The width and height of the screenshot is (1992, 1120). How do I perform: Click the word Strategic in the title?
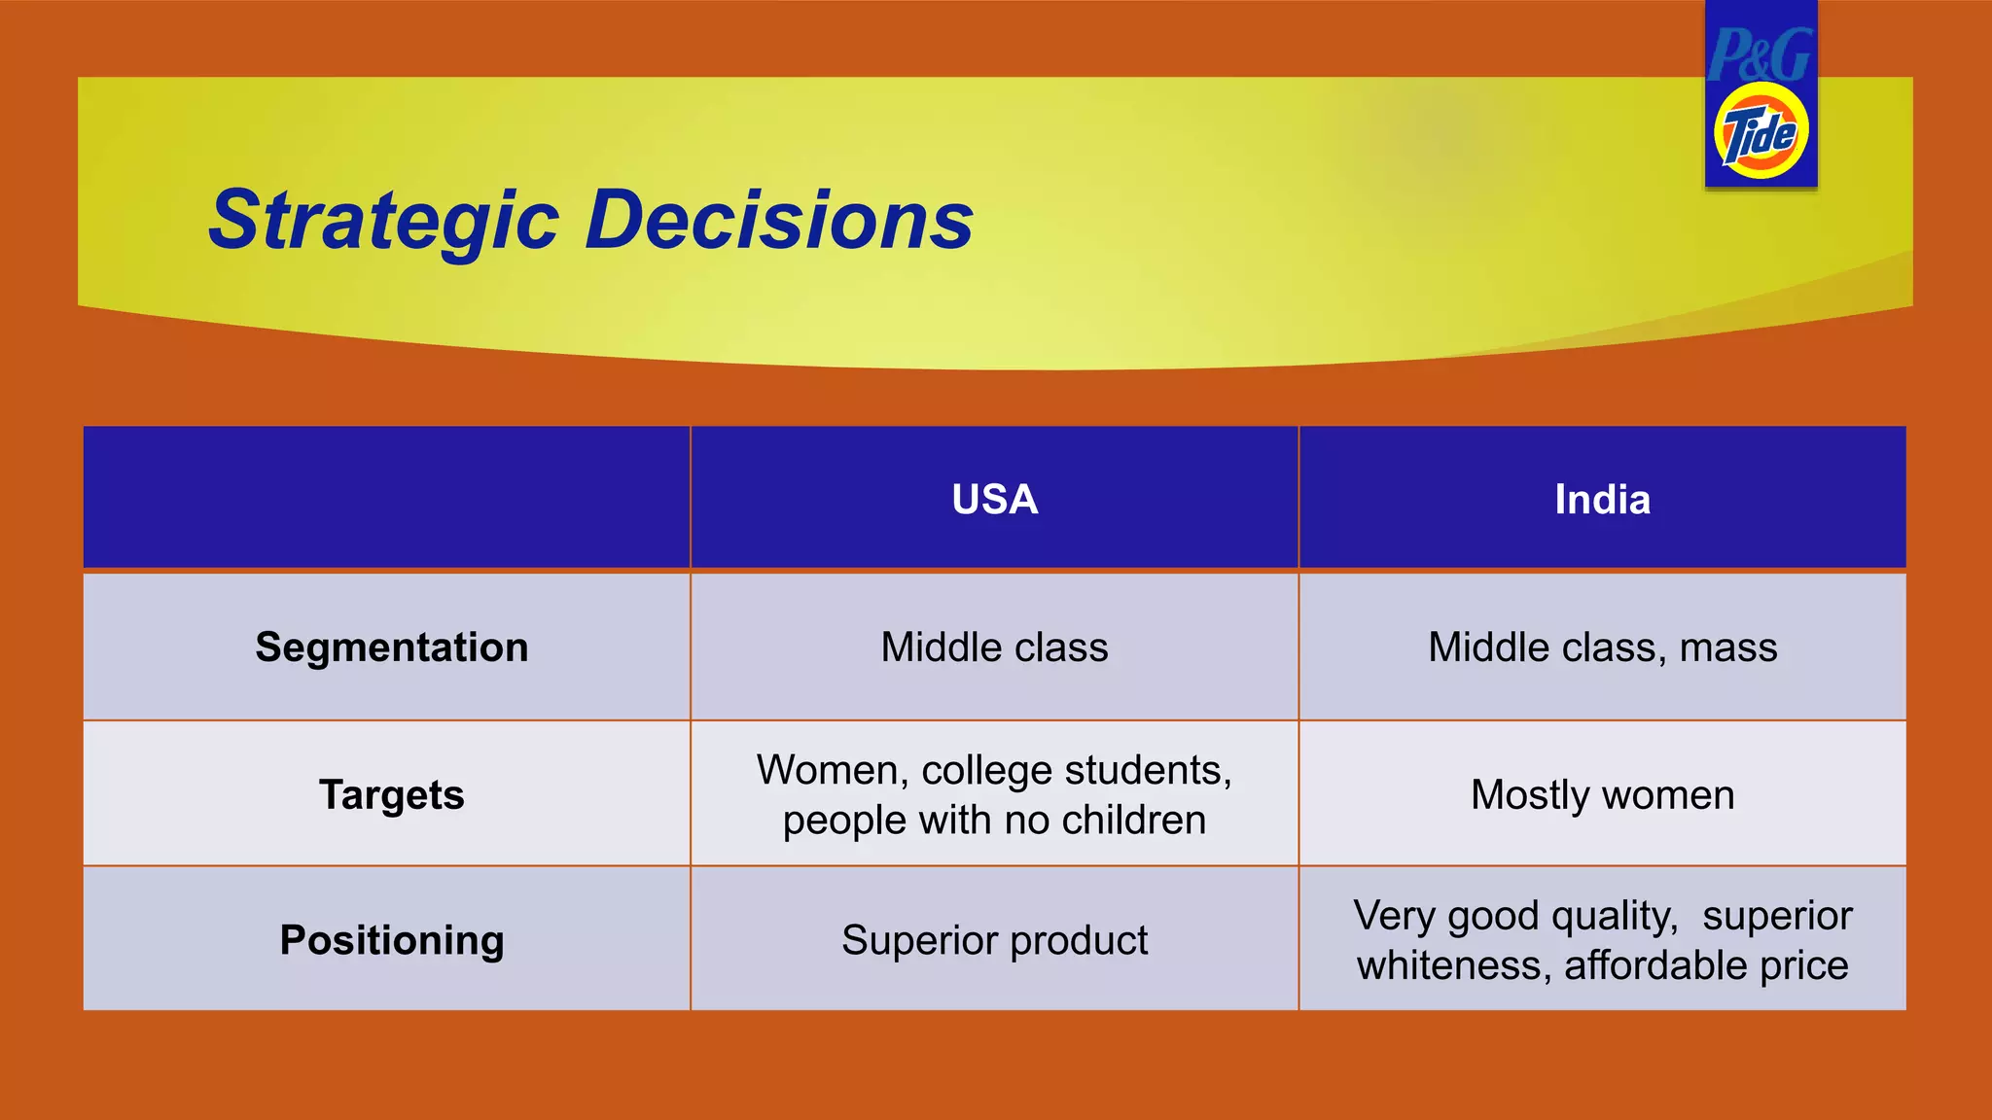pyautogui.click(x=384, y=221)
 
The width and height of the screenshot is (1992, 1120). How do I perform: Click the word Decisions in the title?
pyautogui.click(x=779, y=221)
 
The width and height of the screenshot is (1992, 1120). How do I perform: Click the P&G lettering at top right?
pyautogui.click(x=1760, y=55)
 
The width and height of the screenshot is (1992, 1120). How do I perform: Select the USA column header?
pyautogui.click(x=994, y=500)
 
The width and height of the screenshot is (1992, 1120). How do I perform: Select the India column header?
pyautogui.click(x=1602, y=500)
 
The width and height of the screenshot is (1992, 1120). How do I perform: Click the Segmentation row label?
pyautogui.click(x=391, y=647)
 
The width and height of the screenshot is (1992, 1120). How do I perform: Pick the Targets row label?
pyautogui.click(x=391, y=795)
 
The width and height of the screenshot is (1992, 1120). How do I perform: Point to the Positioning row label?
pyautogui.click(x=391, y=940)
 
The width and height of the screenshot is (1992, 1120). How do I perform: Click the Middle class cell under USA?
pyautogui.click(x=994, y=647)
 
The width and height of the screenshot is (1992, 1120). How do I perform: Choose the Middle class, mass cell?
pyautogui.click(x=1602, y=647)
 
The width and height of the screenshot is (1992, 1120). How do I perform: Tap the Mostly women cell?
pyautogui.click(x=1602, y=795)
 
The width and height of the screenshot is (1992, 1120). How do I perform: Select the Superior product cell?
pyautogui.click(x=994, y=940)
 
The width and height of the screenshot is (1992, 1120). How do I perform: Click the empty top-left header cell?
pyautogui.click(x=386, y=497)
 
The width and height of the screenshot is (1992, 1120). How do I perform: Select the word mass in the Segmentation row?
pyautogui.click(x=1727, y=647)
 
